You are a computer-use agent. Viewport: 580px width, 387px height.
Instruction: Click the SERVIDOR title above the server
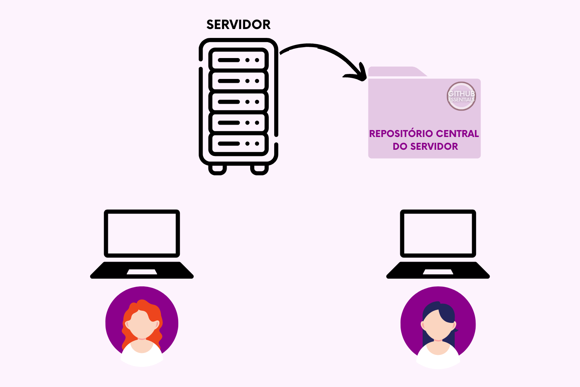point(238,25)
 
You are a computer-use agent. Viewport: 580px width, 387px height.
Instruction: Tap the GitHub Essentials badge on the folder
point(461,96)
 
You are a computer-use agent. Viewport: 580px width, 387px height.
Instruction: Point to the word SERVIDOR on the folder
point(434,147)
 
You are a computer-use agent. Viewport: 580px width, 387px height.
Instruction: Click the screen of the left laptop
point(142,233)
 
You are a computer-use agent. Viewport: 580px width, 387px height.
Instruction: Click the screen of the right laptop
point(438,233)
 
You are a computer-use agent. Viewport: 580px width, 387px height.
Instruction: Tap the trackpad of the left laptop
point(142,272)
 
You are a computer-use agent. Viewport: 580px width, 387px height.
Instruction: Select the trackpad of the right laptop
point(438,272)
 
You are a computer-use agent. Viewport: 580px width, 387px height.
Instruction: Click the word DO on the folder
point(400,147)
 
